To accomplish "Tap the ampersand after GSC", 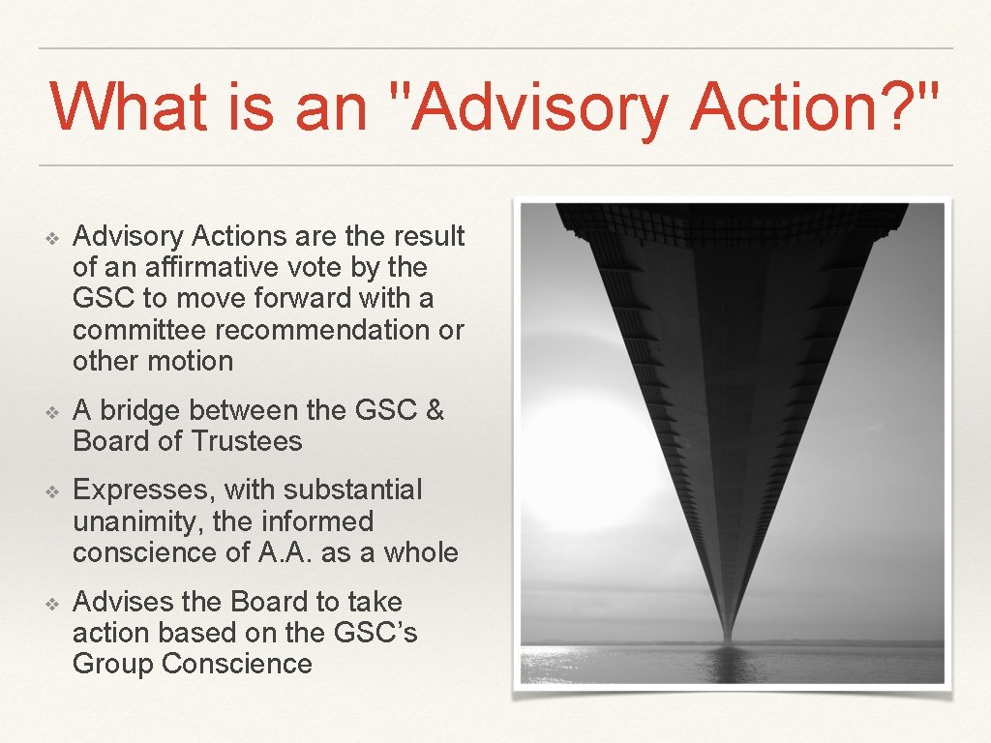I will pos(435,410).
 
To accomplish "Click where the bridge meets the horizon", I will pos(727,639).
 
